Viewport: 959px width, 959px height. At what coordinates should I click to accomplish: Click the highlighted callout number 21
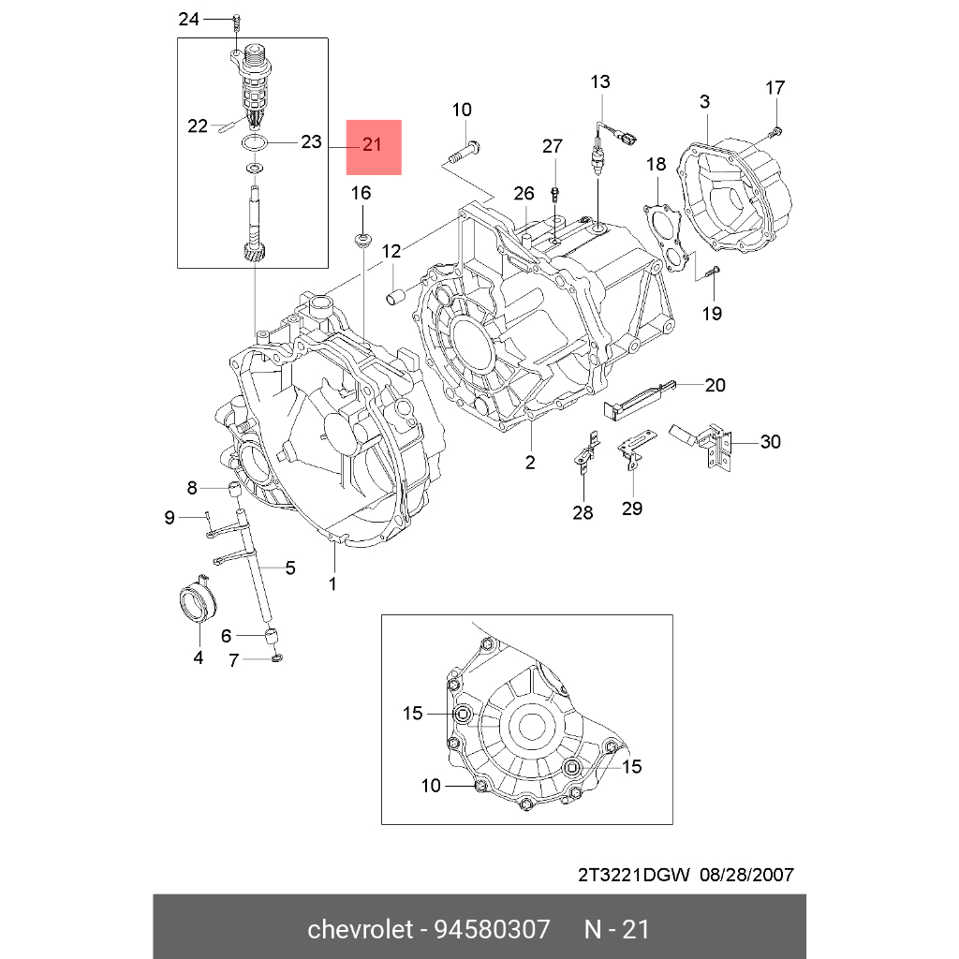[x=373, y=146]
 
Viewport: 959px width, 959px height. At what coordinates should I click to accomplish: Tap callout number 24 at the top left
[x=188, y=19]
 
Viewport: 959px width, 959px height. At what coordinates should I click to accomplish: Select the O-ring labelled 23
[x=253, y=143]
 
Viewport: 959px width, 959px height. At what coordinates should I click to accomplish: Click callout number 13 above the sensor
[x=599, y=81]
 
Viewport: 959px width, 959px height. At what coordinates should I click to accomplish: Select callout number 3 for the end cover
[x=704, y=101]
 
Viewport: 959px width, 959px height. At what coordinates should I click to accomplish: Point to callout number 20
[x=716, y=385]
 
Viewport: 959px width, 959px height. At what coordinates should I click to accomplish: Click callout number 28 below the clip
[x=583, y=512]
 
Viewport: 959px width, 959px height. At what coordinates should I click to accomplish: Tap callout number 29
[x=632, y=508]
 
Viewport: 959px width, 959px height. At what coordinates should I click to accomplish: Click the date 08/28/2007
[x=745, y=876]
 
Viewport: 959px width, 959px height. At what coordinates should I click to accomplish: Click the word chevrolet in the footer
[x=361, y=930]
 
